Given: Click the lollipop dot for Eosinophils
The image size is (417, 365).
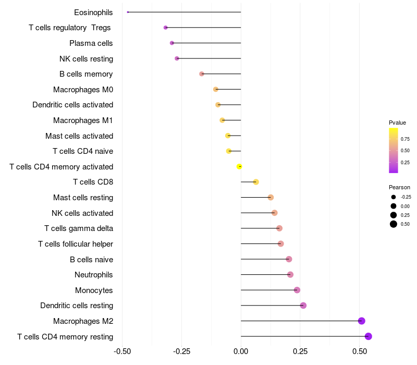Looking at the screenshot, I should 128,12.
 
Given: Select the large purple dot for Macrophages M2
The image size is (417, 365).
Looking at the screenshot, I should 362,321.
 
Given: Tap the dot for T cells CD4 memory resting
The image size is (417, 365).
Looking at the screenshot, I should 369,336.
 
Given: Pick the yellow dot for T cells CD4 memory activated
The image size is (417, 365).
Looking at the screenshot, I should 239,167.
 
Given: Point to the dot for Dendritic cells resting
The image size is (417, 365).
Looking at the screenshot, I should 303,306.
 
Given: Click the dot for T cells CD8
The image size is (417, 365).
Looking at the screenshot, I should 256,182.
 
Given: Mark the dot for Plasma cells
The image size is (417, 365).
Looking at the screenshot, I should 172,43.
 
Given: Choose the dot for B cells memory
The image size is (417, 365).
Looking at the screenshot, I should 202,74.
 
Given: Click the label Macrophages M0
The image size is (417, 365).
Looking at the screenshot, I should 83,90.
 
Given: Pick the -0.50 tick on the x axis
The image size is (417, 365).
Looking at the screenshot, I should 122,352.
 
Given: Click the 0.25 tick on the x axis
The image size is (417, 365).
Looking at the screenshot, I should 300,352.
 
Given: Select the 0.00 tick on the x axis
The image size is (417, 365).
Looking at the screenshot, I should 241,352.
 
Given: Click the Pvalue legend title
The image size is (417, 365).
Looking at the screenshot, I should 397,123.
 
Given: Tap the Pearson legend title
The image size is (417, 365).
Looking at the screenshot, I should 399,187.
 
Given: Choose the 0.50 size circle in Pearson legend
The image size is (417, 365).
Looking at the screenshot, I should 394,224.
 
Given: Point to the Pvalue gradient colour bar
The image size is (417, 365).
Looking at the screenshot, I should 394,150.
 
